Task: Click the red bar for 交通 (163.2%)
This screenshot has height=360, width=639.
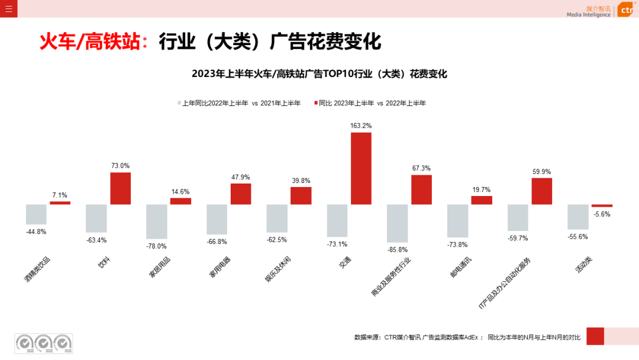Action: [361, 168]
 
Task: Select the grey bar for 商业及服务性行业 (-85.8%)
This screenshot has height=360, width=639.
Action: [397, 223]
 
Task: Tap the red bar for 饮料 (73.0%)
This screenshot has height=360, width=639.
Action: [120, 188]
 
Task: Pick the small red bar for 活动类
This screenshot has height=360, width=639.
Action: [602, 205]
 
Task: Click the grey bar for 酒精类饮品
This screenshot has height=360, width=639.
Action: [36, 214]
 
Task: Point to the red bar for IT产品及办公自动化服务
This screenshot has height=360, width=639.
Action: [541, 191]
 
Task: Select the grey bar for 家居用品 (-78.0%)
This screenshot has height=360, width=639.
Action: [156, 221]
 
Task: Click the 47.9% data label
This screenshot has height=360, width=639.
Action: [240, 177]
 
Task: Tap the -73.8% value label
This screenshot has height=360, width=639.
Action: [457, 245]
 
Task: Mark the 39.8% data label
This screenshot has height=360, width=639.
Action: [301, 181]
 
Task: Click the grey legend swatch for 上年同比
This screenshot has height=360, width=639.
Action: [179, 103]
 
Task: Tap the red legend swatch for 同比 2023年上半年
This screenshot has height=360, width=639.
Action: [315, 103]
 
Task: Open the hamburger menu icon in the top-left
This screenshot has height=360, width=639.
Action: [8, 8]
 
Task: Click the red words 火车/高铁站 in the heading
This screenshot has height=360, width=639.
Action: [89, 43]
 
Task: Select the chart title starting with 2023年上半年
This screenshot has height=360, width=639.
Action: [319, 74]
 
